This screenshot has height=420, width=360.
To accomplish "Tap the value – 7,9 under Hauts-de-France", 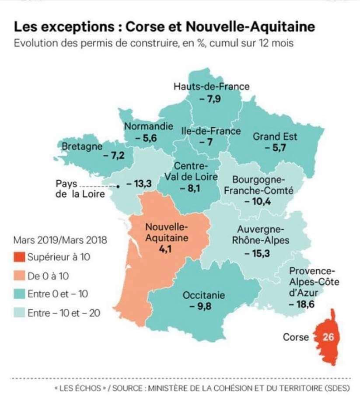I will point(210,98).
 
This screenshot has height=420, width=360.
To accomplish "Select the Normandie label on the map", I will point(148,126).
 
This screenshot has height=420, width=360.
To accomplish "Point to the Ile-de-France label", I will point(211,131).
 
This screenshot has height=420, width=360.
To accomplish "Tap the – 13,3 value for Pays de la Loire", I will point(139,184).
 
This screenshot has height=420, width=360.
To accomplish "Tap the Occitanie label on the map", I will point(204,295).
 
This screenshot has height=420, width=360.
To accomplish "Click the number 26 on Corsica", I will point(328,337).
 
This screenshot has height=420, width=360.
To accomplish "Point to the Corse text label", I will point(296,337).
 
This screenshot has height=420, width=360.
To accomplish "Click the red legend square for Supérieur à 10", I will point(20,257).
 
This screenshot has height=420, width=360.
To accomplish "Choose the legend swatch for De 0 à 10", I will point(20,276).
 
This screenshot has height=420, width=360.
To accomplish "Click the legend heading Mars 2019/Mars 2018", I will point(60,240).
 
